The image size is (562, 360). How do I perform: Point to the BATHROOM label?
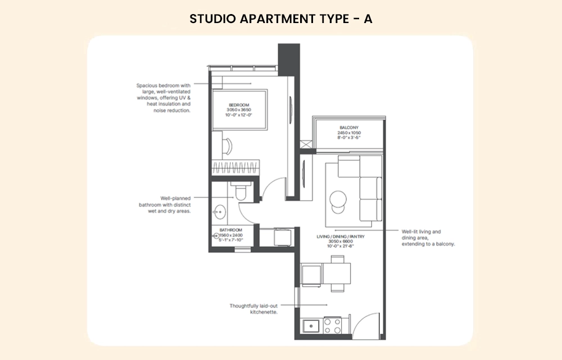click(x=231, y=230)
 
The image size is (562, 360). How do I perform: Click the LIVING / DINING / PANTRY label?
click(x=341, y=237)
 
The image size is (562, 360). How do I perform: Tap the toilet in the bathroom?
click(x=241, y=192)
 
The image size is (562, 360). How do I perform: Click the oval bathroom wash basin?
click(x=219, y=213)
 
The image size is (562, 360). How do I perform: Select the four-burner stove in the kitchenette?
click(x=332, y=326)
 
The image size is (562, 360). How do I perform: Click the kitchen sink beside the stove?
click(x=310, y=326)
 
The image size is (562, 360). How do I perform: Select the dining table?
click(x=337, y=274)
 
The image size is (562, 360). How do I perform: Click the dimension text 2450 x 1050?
click(x=349, y=132)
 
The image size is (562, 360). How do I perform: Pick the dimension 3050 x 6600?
click(x=341, y=241)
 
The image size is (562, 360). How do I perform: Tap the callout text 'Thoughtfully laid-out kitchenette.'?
click(x=253, y=308)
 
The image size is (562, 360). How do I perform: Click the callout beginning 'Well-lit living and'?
click(x=428, y=237)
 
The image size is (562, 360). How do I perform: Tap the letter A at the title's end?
click(x=368, y=19)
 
